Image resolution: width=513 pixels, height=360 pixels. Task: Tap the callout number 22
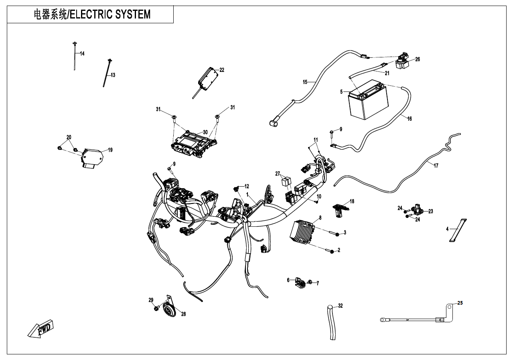pyautogui.click(x=222, y=70)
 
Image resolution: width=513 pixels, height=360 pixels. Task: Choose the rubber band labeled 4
pyautogui.click(x=457, y=230)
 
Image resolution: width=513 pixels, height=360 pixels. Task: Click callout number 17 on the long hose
pyautogui.click(x=436, y=166)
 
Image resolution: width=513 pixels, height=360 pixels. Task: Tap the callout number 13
pyautogui.click(x=113, y=75)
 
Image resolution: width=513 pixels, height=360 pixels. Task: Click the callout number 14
pyautogui.click(x=82, y=54)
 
